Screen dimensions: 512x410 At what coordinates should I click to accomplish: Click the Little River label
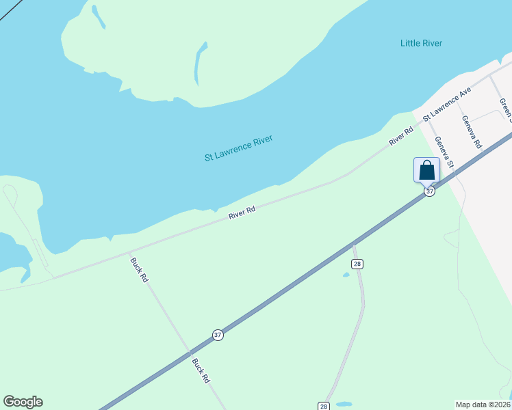coord(421,44)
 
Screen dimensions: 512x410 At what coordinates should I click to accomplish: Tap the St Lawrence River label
coord(239,148)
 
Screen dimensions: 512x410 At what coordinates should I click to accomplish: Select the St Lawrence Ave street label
coord(448,104)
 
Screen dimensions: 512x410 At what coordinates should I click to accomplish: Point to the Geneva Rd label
coord(472,133)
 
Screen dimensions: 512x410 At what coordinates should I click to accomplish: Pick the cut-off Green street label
coord(505,108)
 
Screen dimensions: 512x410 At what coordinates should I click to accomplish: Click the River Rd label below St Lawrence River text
coord(242,213)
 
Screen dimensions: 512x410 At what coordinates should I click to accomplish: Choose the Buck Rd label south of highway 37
coord(201,371)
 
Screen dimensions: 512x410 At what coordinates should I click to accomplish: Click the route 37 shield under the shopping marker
coord(429,191)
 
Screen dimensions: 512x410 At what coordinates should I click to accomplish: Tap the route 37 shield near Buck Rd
coord(218,335)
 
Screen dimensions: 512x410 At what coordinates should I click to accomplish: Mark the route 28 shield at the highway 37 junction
coord(357,264)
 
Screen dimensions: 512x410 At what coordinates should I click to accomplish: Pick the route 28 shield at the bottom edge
coord(324,406)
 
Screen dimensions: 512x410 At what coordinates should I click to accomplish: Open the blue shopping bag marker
coord(426,169)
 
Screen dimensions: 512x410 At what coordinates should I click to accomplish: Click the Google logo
coord(23,402)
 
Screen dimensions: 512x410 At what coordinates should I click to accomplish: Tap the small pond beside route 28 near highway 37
coord(346,275)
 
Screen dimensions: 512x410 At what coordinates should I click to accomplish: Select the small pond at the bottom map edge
coord(344,404)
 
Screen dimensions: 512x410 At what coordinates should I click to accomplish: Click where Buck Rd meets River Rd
coord(128,251)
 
